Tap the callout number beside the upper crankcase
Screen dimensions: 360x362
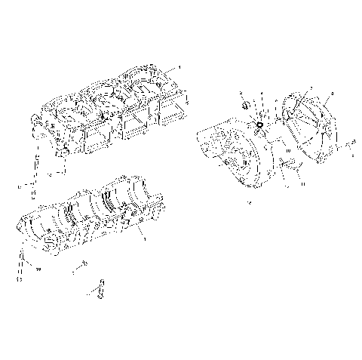click(x=179, y=67)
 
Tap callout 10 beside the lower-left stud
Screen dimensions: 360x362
click(x=38, y=267)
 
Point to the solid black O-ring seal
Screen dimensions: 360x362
click(x=258, y=125)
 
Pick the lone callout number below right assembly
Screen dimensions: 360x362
click(x=250, y=204)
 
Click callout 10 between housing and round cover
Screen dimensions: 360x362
click(x=287, y=151)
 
